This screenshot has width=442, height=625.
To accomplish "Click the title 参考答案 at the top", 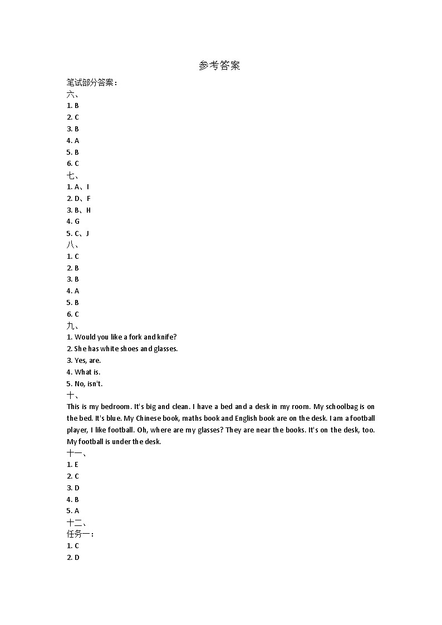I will [x=219, y=66].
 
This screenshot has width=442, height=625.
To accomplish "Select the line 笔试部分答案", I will [x=92, y=82].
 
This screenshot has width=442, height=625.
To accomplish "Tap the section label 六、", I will [x=72, y=94].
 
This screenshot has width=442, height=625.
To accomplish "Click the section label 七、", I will [x=72, y=175].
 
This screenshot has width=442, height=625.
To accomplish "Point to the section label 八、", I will [x=72, y=245].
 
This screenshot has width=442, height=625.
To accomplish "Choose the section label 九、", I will [x=72, y=326].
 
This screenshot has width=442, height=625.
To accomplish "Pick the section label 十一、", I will [x=76, y=453].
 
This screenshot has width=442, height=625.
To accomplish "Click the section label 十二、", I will [x=76, y=523].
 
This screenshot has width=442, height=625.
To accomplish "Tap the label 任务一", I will [x=80, y=534].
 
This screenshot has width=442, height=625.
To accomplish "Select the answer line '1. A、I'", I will [x=78, y=187].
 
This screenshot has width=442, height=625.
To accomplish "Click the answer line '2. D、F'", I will [x=78, y=199].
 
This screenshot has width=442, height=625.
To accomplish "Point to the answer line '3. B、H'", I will [x=78, y=210].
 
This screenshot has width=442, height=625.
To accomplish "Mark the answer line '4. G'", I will [x=73, y=222].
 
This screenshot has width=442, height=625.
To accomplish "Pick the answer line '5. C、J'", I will [x=78, y=233].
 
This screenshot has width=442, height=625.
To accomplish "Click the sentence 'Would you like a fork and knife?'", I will [x=125, y=337].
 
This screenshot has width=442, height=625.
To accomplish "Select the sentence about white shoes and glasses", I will [x=126, y=349].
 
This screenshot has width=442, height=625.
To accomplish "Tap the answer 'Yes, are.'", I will [x=87, y=361].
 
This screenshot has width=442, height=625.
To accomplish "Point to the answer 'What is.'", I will [x=87, y=372].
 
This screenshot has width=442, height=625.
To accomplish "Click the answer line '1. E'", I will [x=72, y=465].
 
